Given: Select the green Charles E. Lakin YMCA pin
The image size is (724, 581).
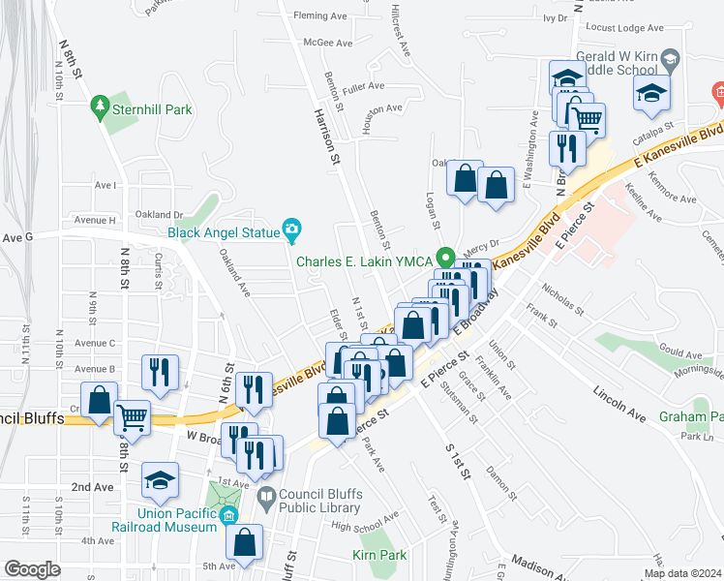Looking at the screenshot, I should point(445,260).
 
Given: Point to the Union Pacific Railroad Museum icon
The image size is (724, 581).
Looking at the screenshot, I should point(228,514).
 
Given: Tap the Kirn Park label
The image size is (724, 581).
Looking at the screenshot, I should point(379,556).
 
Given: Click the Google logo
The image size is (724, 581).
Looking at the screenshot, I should point(32,569).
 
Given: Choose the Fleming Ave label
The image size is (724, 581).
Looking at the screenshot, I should point(319,15).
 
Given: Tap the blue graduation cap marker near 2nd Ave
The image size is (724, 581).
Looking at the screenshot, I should point(160,478).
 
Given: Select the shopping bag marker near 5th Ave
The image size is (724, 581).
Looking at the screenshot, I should point(246,541).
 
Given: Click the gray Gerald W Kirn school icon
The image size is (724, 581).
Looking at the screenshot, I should point(669,61).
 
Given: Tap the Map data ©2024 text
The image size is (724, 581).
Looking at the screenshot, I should point(682,573).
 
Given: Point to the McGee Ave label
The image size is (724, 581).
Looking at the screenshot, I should point(327,43).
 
